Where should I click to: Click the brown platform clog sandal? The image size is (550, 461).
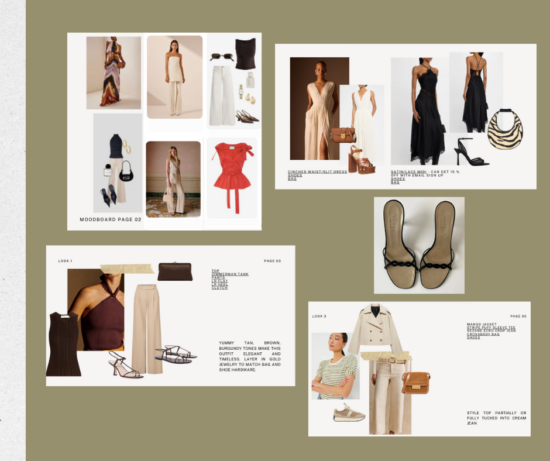point(363,159)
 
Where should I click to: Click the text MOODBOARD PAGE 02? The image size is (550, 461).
point(111,219)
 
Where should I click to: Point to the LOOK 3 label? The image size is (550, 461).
point(319,316)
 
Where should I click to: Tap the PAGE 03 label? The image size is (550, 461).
point(272,261)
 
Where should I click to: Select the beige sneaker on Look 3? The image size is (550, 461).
point(349,414)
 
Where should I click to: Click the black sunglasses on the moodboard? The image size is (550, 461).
point(222,57)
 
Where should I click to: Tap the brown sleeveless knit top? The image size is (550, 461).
point(63,344)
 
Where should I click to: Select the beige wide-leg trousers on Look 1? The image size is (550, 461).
point(146,328)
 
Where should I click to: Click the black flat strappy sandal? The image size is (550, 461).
point(174,353)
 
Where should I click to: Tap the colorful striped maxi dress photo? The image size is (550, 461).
point(113,73)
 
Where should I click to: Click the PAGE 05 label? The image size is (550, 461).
point(518,316)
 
